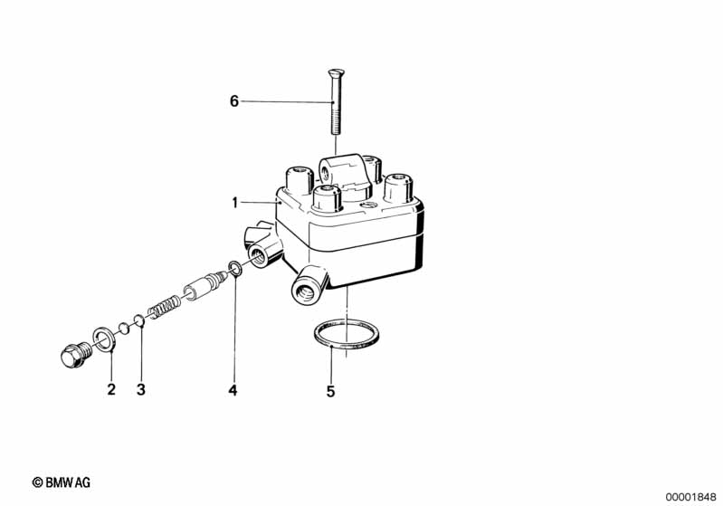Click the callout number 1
[234, 203]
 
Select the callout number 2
[111, 390]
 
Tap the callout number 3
[141, 390]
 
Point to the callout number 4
[233, 390]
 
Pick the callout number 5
[330, 391]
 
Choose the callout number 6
[234, 101]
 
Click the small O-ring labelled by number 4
[235, 268]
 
